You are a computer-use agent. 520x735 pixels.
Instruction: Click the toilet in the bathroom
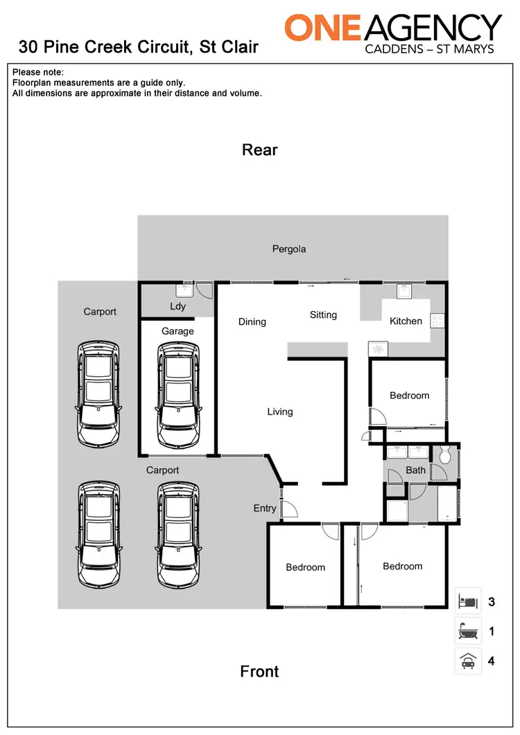point(444,456)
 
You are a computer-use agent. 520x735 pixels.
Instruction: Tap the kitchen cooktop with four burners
point(437,321)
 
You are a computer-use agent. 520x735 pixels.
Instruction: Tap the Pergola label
point(288,249)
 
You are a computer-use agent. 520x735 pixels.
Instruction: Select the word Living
point(280,411)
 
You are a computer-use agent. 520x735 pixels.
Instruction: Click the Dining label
point(252,321)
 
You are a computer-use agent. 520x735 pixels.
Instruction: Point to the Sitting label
point(323,315)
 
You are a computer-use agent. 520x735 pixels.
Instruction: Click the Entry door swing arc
point(291,509)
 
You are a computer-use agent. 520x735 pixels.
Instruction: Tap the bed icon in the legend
point(467,601)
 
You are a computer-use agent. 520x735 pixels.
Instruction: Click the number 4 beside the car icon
point(491,661)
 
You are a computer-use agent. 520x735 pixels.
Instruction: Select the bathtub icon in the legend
point(467,631)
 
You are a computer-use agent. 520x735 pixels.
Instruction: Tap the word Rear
point(259,150)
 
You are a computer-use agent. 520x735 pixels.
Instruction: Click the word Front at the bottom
point(259,671)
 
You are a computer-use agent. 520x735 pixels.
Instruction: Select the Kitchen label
point(406,321)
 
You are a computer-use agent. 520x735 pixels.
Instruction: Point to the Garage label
point(177,331)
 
